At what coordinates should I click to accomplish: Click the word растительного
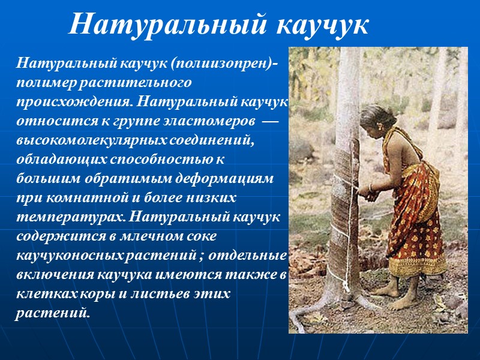pyautogui.click(x=131, y=80)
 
